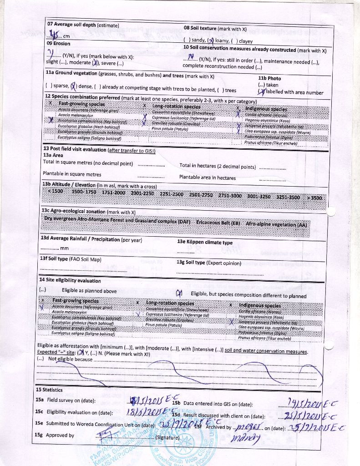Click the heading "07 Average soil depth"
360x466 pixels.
(83, 25)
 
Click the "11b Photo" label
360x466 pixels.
(269, 78)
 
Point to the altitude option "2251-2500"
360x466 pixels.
(171, 194)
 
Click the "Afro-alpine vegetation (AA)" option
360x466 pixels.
(276, 225)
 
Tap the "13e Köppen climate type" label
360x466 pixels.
(204, 243)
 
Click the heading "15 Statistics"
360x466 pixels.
(49, 390)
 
